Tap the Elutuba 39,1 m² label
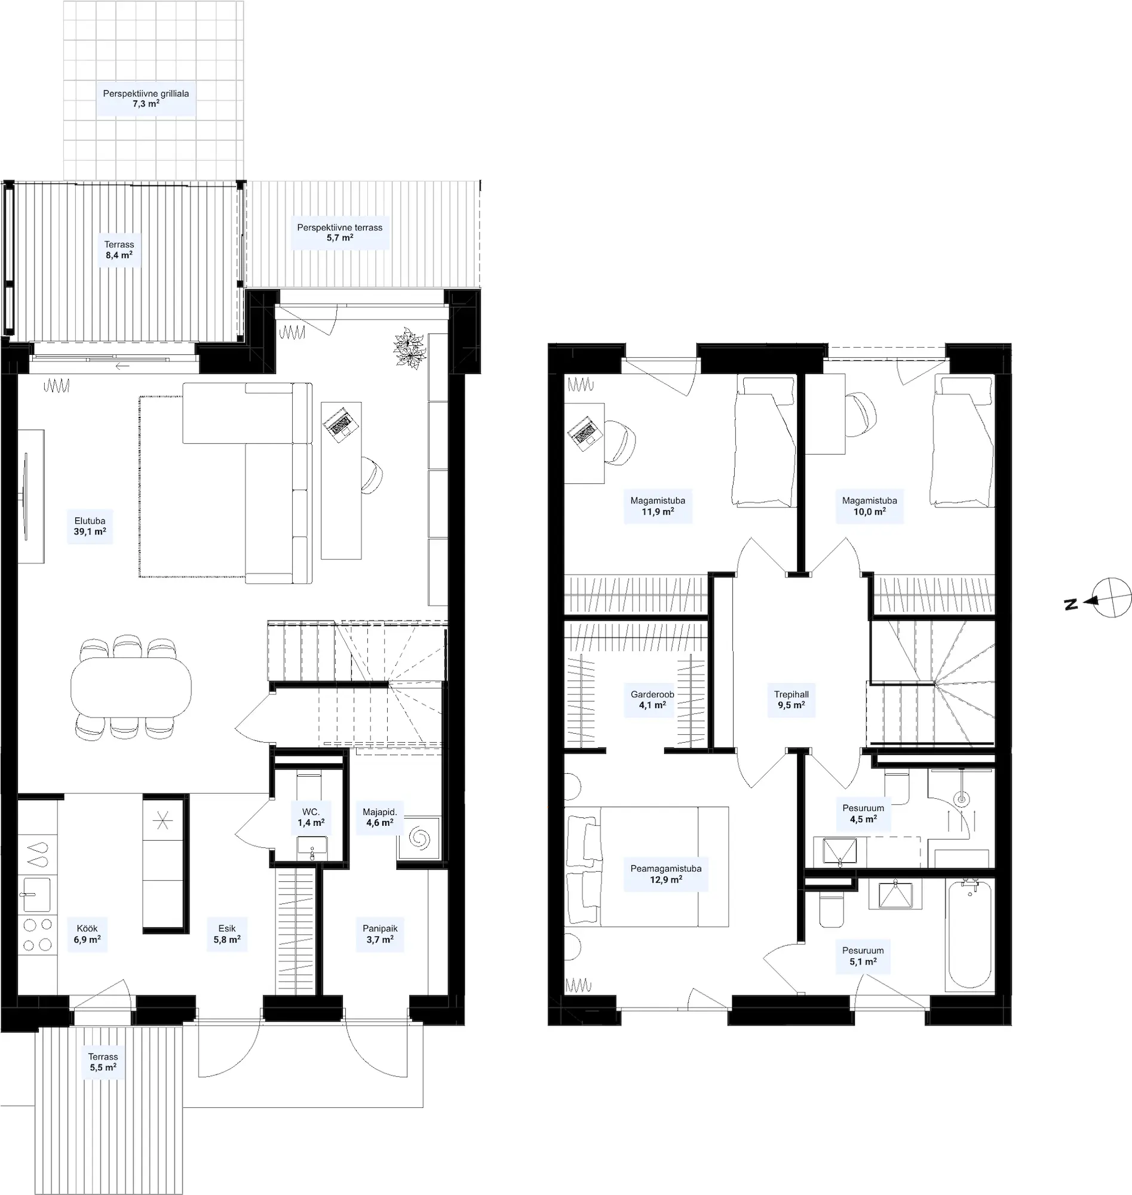90,526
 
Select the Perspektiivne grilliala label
146,94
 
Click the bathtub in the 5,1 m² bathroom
970,934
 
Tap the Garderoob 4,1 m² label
652,700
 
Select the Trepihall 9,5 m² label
791,700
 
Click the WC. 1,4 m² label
311,817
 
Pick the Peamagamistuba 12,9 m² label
665,874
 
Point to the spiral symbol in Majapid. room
418,838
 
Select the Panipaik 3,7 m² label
380,934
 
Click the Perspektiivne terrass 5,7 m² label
340,232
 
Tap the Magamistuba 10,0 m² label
870,505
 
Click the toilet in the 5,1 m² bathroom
832,910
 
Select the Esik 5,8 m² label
227,934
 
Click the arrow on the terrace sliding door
122,366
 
